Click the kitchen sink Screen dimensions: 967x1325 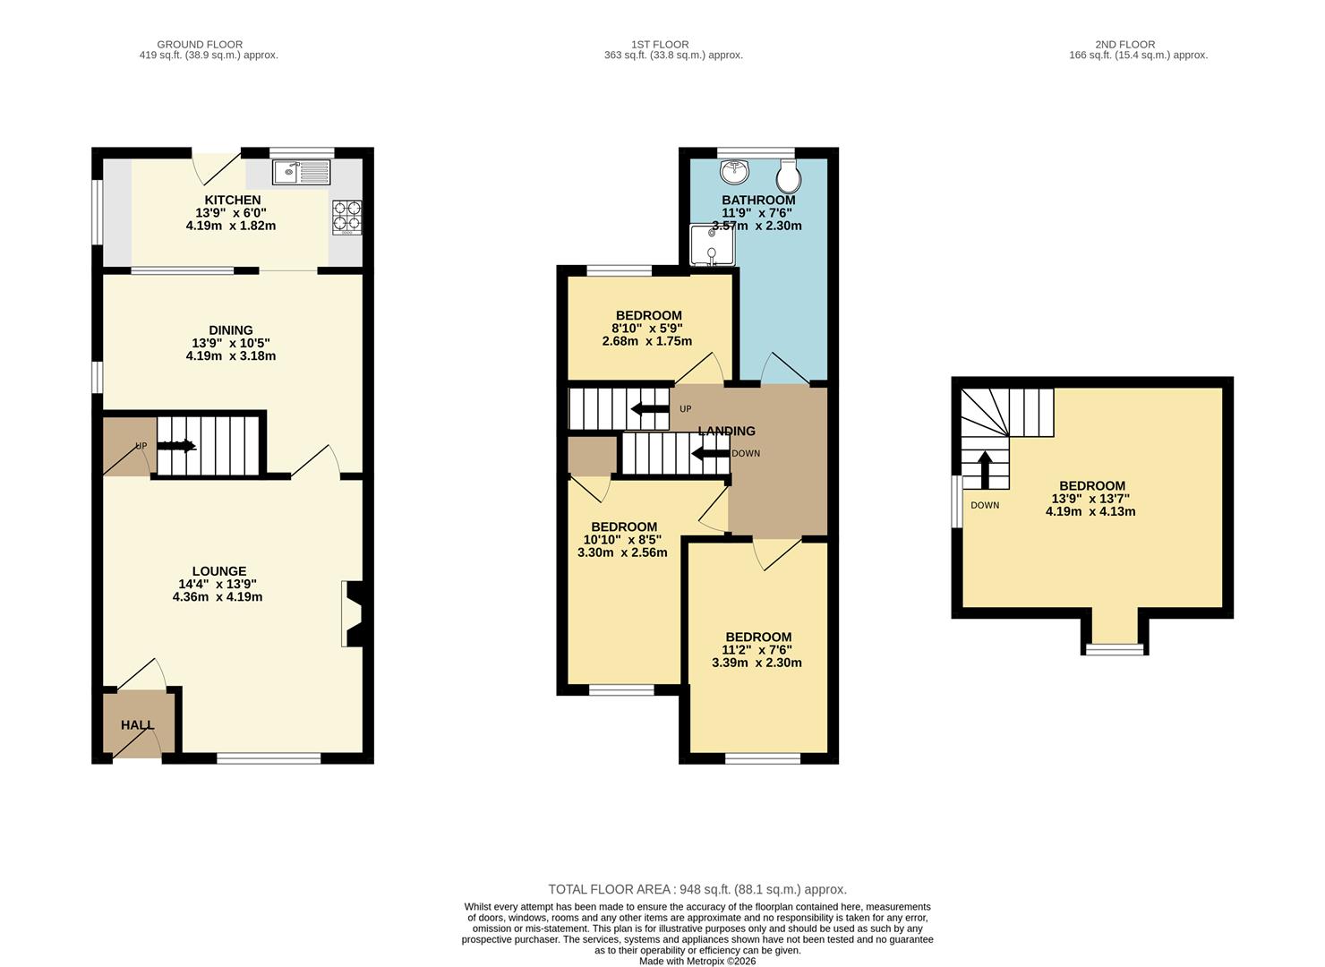click(x=302, y=172)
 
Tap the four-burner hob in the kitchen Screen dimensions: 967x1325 click(x=347, y=217)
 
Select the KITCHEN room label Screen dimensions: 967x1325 click(x=233, y=200)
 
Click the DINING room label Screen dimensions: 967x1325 click(x=231, y=330)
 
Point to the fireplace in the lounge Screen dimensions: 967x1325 click(x=352, y=614)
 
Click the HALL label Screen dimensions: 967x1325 click(x=137, y=725)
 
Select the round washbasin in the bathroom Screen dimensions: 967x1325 click(x=734, y=171)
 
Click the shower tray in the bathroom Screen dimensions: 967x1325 click(x=710, y=246)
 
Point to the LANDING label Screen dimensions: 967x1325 click(x=727, y=431)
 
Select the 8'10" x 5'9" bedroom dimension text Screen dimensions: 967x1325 click(x=648, y=329)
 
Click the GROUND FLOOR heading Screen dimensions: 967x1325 click(x=200, y=44)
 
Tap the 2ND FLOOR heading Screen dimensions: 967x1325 click(x=1124, y=44)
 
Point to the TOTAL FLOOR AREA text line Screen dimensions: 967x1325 click(x=697, y=889)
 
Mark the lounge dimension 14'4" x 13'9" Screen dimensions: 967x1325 click(x=218, y=584)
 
